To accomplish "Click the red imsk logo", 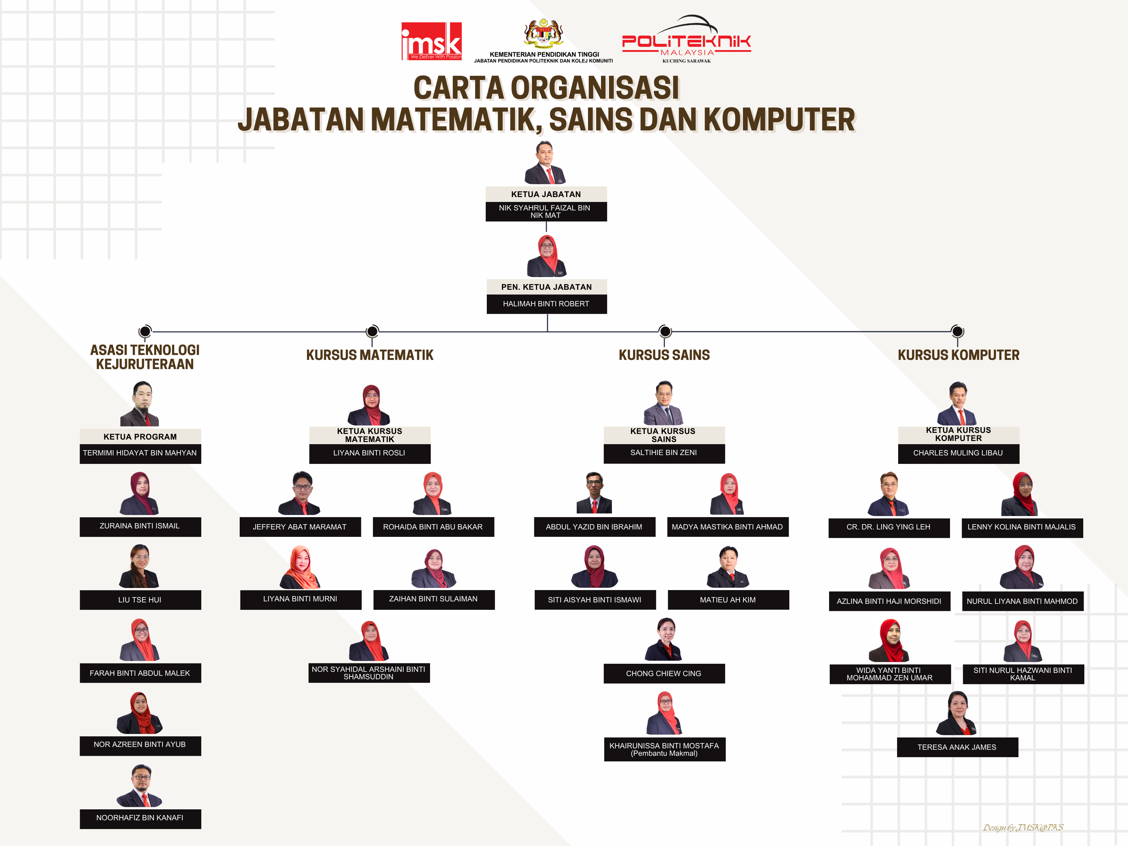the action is (431, 41).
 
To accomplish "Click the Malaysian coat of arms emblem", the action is (544, 33).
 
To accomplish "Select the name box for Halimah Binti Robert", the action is (547, 304).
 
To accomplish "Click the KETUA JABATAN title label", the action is (546, 194).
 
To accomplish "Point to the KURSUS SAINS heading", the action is (664, 355).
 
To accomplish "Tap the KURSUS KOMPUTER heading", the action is (958, 355).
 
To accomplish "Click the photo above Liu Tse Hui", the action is (140, 566).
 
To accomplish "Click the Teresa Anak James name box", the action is (957, 747).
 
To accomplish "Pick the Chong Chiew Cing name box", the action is (664, 674).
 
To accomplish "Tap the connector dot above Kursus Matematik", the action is (372, 331).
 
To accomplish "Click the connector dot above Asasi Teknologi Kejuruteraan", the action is (145, 331).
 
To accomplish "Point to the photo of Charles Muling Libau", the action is (958, 403).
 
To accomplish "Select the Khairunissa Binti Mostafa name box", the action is (664, 749).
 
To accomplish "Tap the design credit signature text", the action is (1023, 827).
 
